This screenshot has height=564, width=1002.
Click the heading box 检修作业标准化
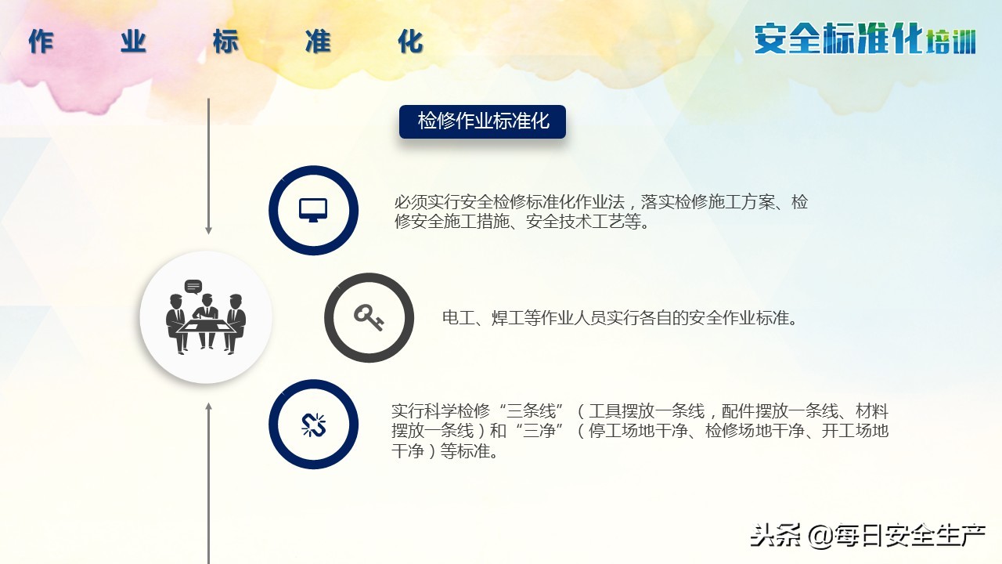coord(482,122)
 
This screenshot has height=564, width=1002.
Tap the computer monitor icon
coord(313,210)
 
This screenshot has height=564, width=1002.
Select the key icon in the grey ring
coord(369,317)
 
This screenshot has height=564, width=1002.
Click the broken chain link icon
coord(313,425)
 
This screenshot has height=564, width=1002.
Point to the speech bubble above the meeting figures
coord(193,286)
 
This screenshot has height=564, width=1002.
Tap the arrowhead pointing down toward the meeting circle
coord(208,230)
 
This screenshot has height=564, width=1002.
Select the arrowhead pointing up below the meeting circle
coord(208,407)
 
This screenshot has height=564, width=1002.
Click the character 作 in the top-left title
coord(41,42)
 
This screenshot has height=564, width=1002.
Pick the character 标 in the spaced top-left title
coord(225,42)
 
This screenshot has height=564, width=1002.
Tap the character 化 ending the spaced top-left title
coord(410,42)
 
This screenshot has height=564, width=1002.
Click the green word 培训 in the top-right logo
coord(950,41)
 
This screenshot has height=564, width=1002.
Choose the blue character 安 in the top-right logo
coord(770,38)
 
